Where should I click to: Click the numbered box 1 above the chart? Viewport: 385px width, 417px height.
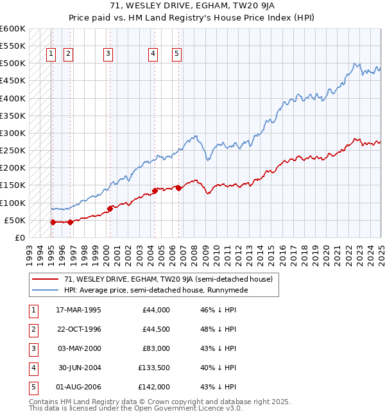click(51, 55)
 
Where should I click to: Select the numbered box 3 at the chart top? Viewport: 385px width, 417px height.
click(108, 55)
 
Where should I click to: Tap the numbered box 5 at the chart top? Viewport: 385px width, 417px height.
click(176, 55)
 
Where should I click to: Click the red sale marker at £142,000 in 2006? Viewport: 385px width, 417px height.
click(178, 188)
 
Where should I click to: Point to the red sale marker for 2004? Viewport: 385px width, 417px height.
click(155, 191)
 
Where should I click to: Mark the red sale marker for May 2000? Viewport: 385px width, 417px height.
click(110, 208)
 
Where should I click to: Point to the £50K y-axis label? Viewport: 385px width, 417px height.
click(15, 220)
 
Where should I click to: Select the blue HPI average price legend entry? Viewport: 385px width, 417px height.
click(155, 290)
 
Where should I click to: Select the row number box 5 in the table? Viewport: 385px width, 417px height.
click(33, 387)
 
